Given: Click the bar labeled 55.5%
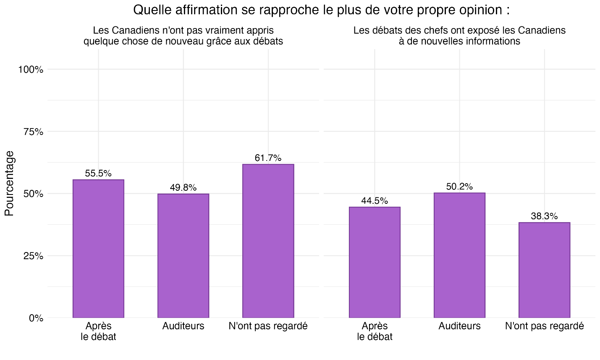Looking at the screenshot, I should point(98,249).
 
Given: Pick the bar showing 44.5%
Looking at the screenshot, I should point(375,262).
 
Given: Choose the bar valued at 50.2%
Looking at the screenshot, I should point(459,255).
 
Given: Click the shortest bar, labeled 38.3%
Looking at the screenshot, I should point(544,270).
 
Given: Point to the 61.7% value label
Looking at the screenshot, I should point(268,158).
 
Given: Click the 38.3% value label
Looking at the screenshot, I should point(544,216).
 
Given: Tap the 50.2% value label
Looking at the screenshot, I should point(459,187).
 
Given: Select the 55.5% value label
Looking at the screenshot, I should point(98,173).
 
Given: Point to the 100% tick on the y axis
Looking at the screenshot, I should point(31,70).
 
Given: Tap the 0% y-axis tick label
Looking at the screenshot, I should point(36,318).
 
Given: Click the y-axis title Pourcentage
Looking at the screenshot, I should point(9,183).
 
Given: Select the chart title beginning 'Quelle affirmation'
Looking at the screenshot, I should point(321,10).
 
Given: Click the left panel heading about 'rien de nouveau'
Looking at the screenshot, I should point(183,36).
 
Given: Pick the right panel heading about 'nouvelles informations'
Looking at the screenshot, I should point(459,36).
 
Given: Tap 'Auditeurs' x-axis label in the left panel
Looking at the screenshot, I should point(183,326).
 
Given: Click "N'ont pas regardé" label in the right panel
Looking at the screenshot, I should point(544,326).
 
